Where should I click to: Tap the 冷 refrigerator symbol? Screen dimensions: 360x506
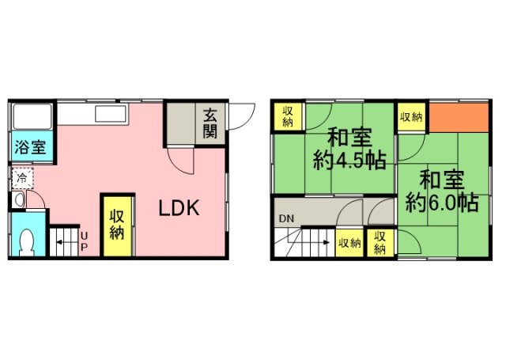click(22, 177)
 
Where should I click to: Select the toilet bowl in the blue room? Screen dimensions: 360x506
click(28, 241)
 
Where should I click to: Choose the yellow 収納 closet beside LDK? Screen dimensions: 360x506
click(116, 224)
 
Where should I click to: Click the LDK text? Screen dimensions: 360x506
click(182, 209)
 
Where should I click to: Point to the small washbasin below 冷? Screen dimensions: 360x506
click(21, 199)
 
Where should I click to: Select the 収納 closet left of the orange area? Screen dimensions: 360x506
click(410, 117)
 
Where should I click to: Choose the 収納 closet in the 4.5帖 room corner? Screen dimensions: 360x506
click(287, 116)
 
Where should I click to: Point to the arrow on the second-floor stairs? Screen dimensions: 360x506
click(308, 241)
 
